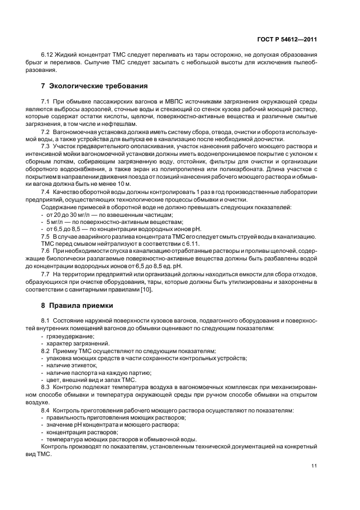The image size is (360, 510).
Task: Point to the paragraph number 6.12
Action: pyautogui.click(x=48, y=56)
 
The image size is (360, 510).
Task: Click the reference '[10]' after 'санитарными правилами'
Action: pyautogui.click(x=147, y=289)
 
